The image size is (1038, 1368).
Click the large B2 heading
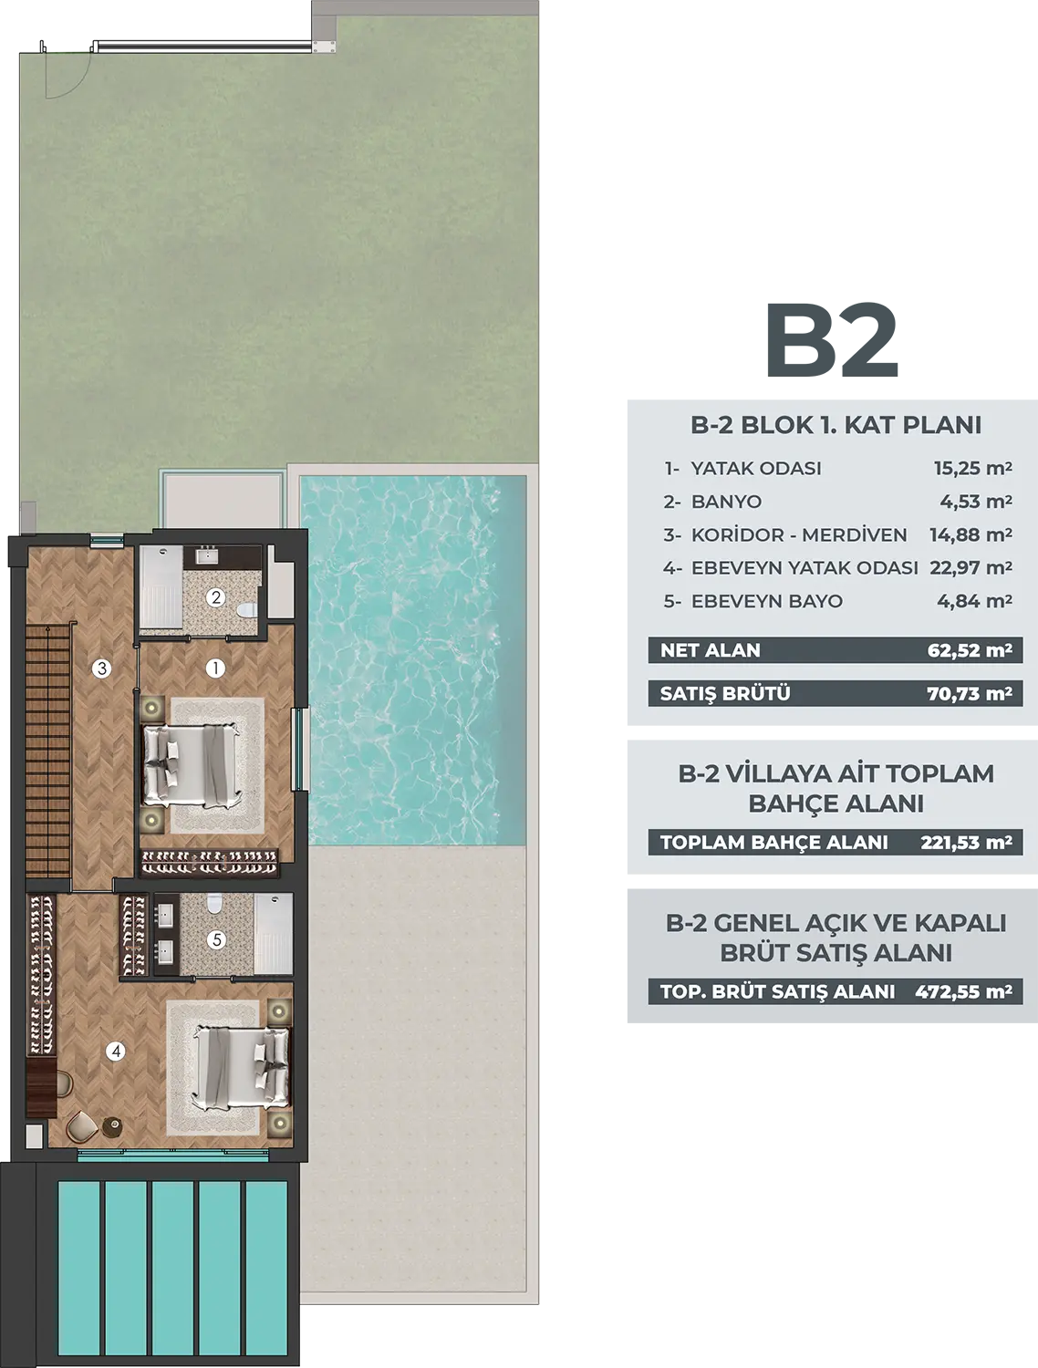pos(833,340)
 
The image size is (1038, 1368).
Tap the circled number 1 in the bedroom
pos(215,668)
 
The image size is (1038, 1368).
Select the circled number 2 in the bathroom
pos(215,597)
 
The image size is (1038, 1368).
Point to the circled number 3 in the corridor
pos(101,668)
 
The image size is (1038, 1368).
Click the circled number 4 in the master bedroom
pos(115,1052)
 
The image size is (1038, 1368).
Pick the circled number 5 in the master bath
pos(216,940)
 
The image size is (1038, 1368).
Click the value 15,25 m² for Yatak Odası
pos(972,468)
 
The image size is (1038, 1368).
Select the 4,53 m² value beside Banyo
pos(976,501)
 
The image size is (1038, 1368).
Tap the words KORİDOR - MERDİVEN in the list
pos(799,534)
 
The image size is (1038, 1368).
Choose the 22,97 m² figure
pos(971,568)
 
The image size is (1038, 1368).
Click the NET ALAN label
pos(711,650)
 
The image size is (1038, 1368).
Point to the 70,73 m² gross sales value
pos(970,693)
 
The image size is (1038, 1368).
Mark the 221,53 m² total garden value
pos(966,842)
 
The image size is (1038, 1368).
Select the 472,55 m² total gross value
pos(963,991)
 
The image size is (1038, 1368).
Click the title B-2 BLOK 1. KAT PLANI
pos(836,425)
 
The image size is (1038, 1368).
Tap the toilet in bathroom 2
pos(249,609)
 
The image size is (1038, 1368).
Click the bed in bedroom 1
pos(192,764)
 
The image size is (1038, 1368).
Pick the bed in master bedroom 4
pos(242,1067)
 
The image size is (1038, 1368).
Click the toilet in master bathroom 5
pos(215,903)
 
